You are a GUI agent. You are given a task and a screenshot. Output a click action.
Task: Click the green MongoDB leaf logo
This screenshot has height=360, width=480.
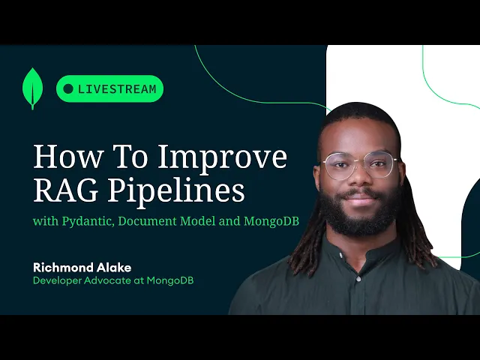pos(32,88)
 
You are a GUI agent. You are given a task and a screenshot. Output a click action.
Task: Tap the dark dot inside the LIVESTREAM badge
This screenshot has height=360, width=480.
pos(68,88)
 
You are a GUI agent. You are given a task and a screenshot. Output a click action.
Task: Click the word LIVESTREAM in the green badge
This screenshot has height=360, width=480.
pos(117,89)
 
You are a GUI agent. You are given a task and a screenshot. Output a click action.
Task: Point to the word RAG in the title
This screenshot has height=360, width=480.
pos(65,190)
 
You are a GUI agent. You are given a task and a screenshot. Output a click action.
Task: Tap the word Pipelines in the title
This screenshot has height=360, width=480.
pos(176,191)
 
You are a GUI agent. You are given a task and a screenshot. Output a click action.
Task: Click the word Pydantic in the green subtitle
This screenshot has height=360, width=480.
pos(88,221)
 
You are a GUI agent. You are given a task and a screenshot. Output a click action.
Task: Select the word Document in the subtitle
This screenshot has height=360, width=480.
pos(147,220)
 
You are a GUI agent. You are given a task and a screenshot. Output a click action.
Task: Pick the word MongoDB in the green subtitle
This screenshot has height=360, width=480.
pos(271,221)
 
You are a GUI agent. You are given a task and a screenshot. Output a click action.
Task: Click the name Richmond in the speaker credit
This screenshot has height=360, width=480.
pos(63,268)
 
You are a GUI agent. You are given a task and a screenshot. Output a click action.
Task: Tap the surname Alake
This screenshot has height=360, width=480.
pos(114,268)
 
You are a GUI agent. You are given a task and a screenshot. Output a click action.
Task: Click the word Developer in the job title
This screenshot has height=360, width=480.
pos(57,280)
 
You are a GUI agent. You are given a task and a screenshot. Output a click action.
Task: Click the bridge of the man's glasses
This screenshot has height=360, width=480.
pos(360,162)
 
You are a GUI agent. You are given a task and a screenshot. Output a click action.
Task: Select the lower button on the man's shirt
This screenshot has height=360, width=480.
pos(358,278)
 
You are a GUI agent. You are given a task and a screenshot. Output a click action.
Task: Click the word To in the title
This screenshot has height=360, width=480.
pos(130,157)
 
